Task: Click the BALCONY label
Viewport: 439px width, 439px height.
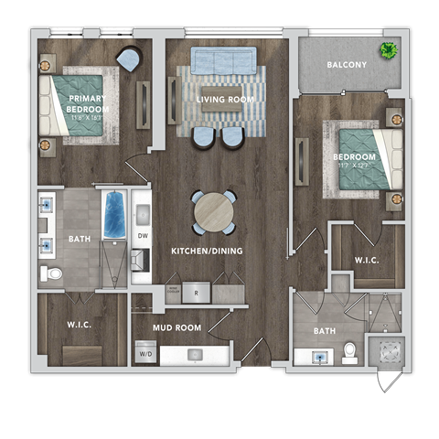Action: (348, 65)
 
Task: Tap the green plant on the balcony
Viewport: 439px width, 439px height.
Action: (391, 49)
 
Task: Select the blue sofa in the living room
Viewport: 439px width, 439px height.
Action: (223, 60)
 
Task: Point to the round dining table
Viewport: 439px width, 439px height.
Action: (212, 211)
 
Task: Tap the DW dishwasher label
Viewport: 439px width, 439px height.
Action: (143, 236)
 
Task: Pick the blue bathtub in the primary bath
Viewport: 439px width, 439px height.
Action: (113, 214)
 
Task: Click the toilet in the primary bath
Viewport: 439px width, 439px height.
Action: (53, 272)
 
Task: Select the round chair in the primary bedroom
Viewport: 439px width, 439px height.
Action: (129, 60)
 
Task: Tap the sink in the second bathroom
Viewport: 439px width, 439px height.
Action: (321, 355)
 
